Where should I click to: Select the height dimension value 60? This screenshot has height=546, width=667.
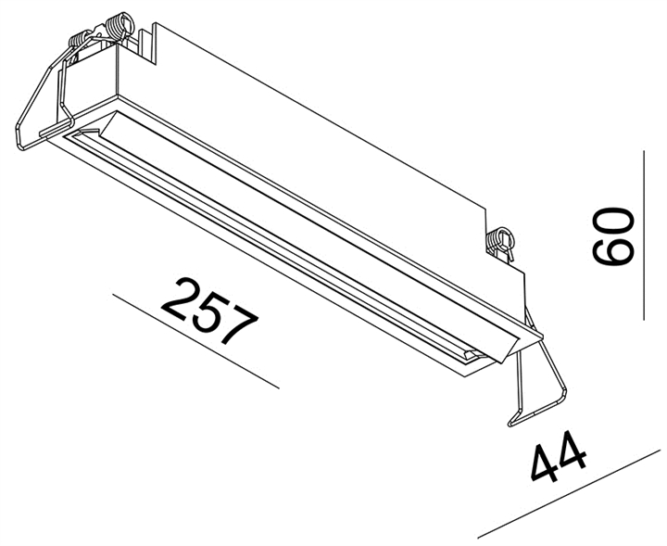click(x=612, y=237)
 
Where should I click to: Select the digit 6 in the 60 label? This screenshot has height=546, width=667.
click(x=612, y=252)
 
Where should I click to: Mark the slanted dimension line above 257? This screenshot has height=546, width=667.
click(x=195, y=340)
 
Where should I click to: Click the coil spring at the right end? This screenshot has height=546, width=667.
click(x=501, y=241)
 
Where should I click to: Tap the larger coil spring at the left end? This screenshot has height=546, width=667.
click(x=119, y=25)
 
